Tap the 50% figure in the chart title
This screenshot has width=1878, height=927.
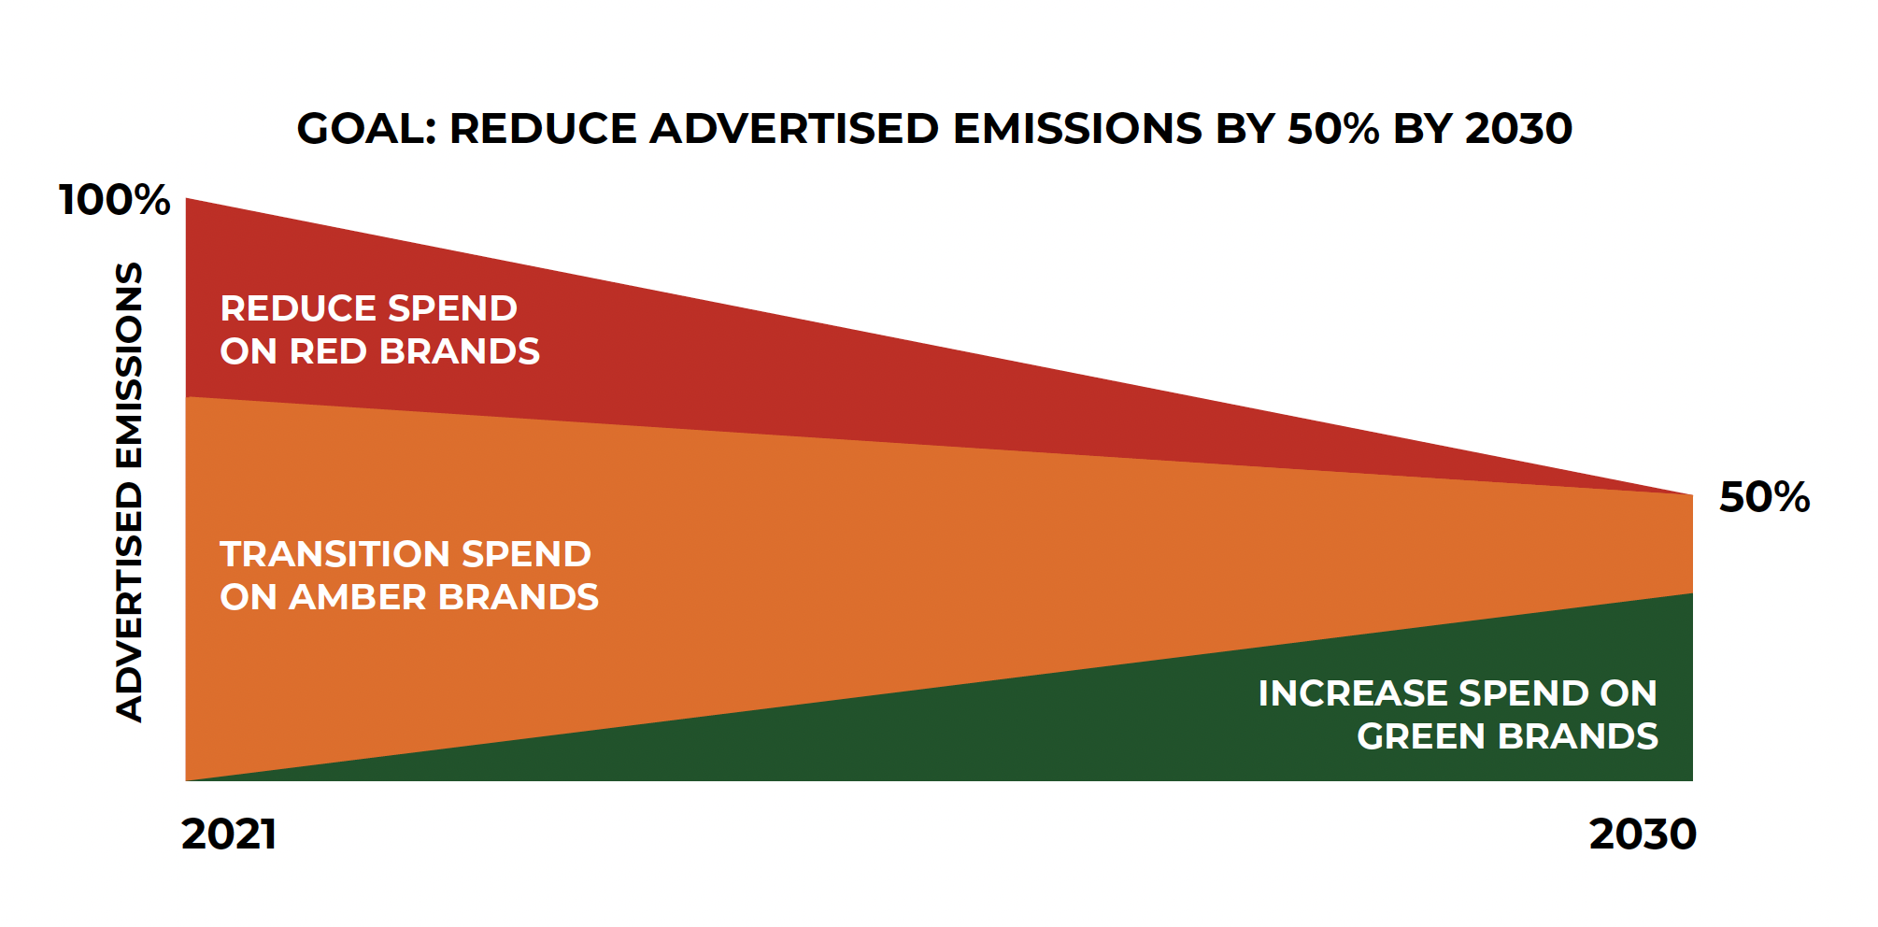1333,128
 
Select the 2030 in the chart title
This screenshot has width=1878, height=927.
1519,128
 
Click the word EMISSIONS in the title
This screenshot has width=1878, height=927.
1077,128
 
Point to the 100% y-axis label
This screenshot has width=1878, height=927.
115,200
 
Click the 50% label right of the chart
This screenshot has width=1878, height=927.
1765,497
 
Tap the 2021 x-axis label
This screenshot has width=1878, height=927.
229,834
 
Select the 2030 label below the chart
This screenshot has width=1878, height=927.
1643,834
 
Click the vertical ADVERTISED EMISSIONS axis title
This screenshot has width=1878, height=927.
129,492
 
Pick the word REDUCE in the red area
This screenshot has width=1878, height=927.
298,308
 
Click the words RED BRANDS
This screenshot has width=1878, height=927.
415,351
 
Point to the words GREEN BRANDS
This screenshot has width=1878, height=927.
1508,736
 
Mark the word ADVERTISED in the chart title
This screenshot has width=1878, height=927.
795,128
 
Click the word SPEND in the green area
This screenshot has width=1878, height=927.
1524,693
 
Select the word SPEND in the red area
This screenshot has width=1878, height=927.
453,308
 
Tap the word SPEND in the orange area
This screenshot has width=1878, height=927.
527,554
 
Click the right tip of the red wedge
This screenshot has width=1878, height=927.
1692,495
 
